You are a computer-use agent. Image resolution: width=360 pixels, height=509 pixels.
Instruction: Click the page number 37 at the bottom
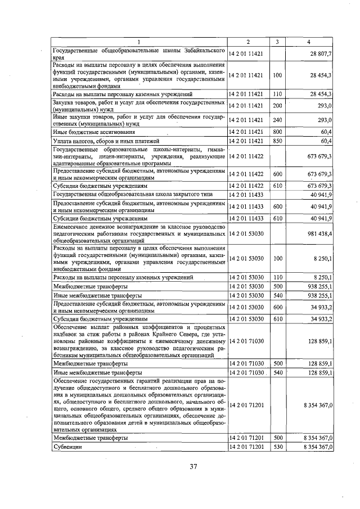point(193,466)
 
